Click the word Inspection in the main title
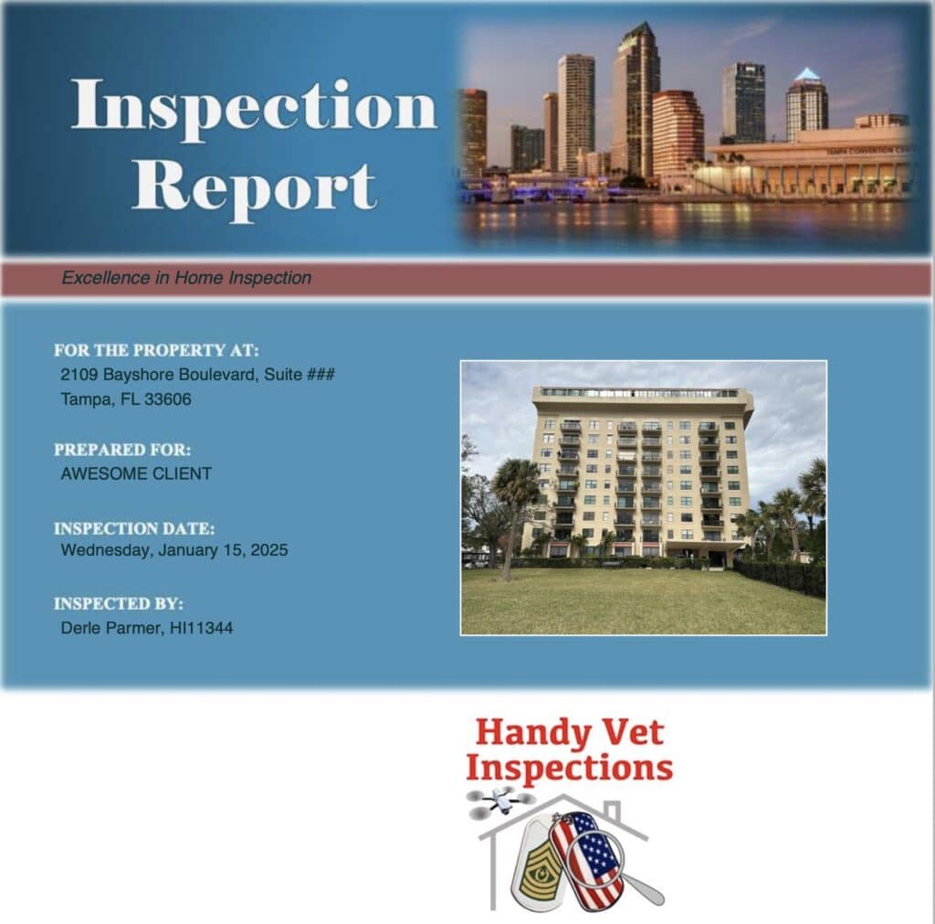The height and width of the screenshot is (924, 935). tap(255, 107)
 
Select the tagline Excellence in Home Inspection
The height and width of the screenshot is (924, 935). tap(186, 278)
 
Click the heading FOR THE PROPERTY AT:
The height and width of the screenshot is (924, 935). tap(156, 350)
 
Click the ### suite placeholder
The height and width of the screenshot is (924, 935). tap(320, 374)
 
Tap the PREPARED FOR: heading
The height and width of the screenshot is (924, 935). tap(122, 450)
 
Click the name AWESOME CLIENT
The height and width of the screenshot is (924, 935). tap(136, 474)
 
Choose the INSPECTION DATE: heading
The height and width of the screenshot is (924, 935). tap(134, 528)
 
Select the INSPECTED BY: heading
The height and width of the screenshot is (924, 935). tap(119, 603)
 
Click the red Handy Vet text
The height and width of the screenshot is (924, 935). tap(570, 732)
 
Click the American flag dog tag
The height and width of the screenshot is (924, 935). tap(586, 859)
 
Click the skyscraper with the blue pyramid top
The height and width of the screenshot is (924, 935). tap(806, 104)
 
